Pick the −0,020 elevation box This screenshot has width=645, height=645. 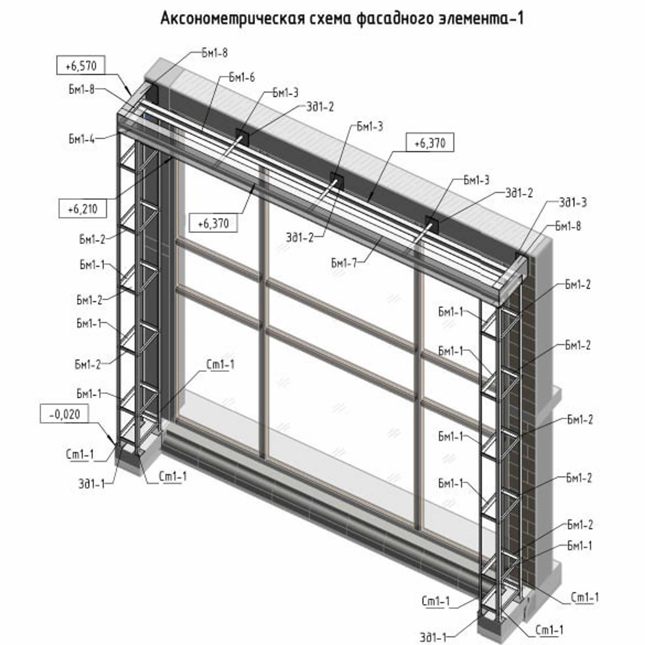tap(65, 414)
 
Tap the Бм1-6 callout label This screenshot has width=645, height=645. tap(242, 77)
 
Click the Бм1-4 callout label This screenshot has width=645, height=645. tap(82, 139)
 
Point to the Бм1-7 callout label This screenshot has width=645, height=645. tap(344, 263)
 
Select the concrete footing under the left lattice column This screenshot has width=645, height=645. tap(134, 457)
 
